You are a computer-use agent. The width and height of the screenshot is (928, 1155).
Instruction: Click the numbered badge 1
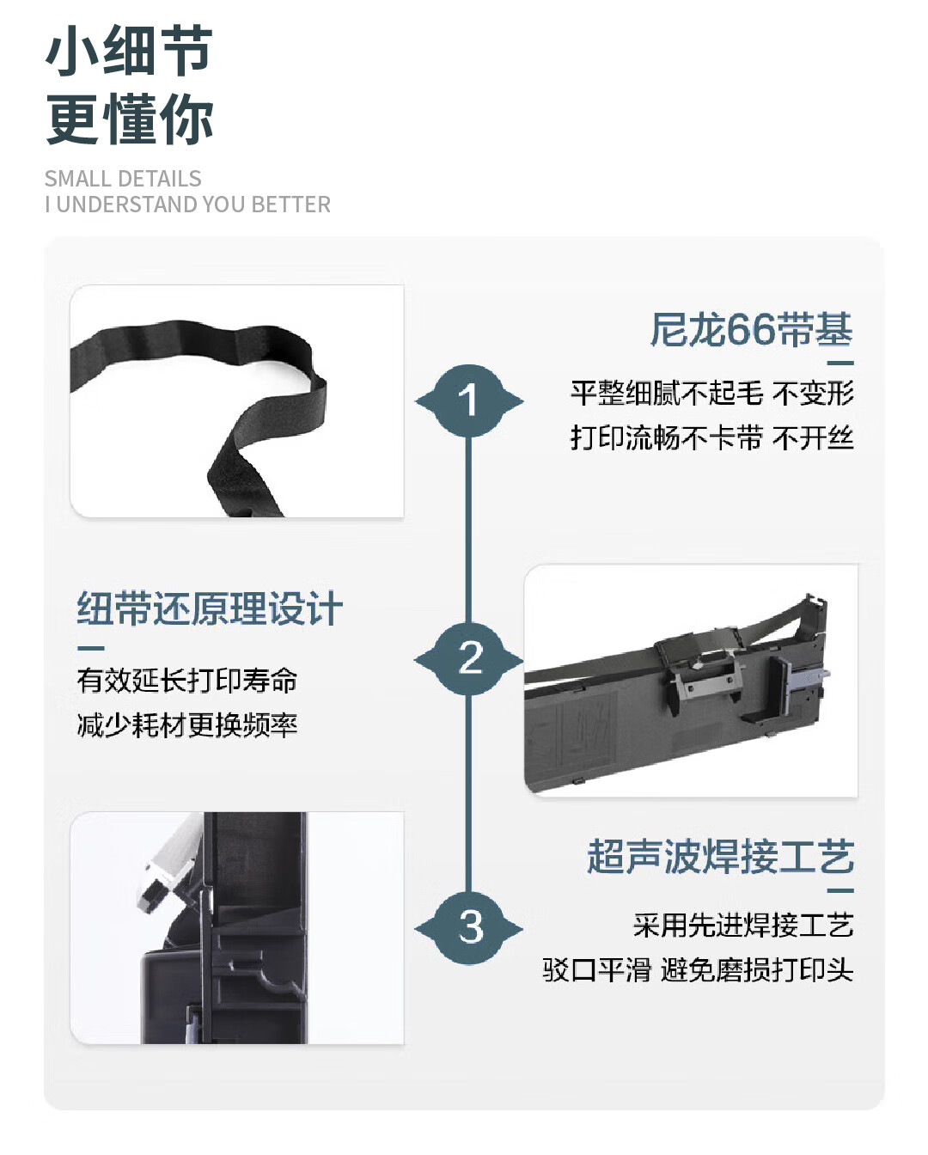469,401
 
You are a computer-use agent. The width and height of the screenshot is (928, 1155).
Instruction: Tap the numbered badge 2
469,659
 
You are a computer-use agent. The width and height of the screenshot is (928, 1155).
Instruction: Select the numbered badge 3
469,928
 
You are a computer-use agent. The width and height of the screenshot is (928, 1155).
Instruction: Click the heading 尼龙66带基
751,329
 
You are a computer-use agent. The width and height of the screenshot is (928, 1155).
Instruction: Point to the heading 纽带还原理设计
210,608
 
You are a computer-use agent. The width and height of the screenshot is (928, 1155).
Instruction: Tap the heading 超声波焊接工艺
720,857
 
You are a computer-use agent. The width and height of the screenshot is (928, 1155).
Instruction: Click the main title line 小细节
130,50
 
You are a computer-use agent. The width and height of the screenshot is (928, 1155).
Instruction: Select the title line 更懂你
130,119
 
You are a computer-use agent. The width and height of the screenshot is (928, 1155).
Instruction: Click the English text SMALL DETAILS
123,179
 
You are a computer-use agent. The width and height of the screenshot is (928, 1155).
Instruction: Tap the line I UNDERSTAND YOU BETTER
188,205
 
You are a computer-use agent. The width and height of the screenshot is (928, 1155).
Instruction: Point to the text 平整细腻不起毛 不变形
711,394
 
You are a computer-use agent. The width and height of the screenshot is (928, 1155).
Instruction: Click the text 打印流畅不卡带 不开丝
711,438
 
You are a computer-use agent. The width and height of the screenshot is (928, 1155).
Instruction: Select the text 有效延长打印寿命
186,681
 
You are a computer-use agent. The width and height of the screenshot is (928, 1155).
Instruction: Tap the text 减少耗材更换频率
186,725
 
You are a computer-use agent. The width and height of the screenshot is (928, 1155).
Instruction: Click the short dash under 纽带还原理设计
90,648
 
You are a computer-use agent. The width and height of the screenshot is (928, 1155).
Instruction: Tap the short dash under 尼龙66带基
840,364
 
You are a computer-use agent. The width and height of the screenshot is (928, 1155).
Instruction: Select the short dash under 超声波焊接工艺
840,891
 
